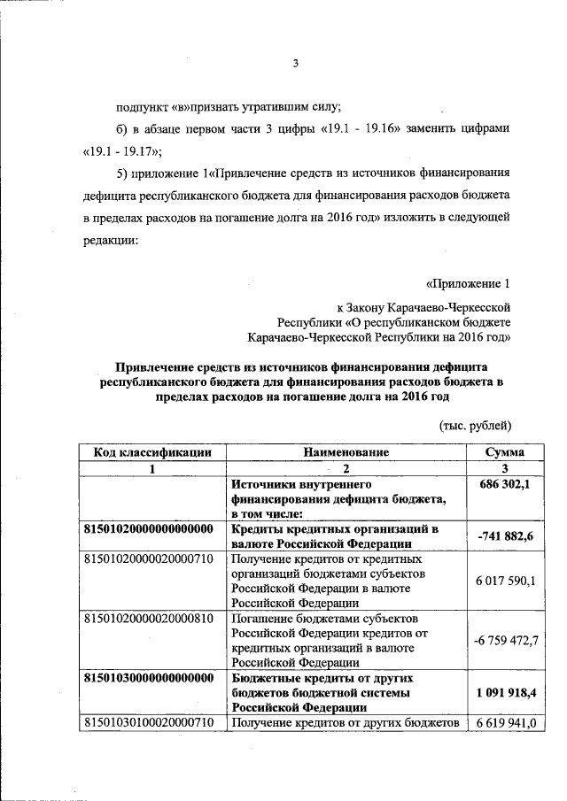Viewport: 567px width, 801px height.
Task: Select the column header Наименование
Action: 346,451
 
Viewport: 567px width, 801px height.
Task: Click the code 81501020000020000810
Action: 148,618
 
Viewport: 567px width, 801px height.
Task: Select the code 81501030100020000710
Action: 148,724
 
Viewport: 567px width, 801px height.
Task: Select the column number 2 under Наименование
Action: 346,468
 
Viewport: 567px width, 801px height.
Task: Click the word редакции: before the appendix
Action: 112,241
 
